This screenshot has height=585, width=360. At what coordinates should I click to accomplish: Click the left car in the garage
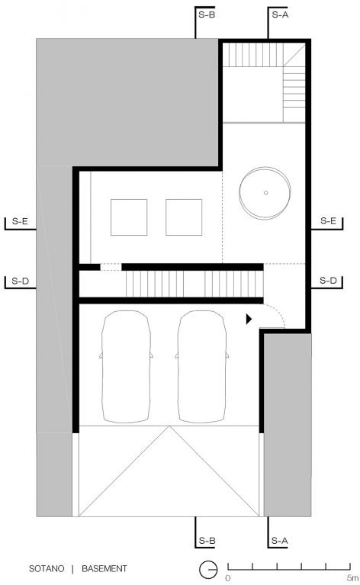pos(126,367)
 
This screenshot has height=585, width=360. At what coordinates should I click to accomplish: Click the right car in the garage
pos(202,367)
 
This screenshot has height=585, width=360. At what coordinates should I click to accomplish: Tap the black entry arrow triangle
pos(249,319)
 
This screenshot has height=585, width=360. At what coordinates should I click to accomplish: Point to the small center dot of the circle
pos(265,193)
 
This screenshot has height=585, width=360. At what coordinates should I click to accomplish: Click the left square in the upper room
pos(129,217)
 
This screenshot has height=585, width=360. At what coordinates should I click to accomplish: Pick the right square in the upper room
pos(184,217)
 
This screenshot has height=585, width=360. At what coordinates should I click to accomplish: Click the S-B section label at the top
pos(207,15)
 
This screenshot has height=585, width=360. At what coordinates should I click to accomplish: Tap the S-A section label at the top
pos(280,15)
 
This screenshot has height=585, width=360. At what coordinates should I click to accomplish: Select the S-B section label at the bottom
pos(207,541)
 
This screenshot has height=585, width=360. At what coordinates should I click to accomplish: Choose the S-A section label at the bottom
pos(279,541)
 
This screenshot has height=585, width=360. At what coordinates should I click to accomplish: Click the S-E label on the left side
pos(20,221)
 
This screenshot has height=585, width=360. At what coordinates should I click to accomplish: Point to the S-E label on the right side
pos(328,221)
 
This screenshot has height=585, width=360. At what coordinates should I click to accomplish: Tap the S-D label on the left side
pos(20,281)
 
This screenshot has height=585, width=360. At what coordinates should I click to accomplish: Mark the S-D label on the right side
pos(328,281)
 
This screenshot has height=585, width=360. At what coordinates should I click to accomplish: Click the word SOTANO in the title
pos(47,569)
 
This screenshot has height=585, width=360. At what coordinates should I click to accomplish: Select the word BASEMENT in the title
pos(104,569)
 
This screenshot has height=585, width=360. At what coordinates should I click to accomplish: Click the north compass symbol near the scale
pos(208,570)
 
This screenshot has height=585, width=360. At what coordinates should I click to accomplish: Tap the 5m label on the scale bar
pos(352,578)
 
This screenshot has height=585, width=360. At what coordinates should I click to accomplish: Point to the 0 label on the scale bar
pos(228,578)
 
